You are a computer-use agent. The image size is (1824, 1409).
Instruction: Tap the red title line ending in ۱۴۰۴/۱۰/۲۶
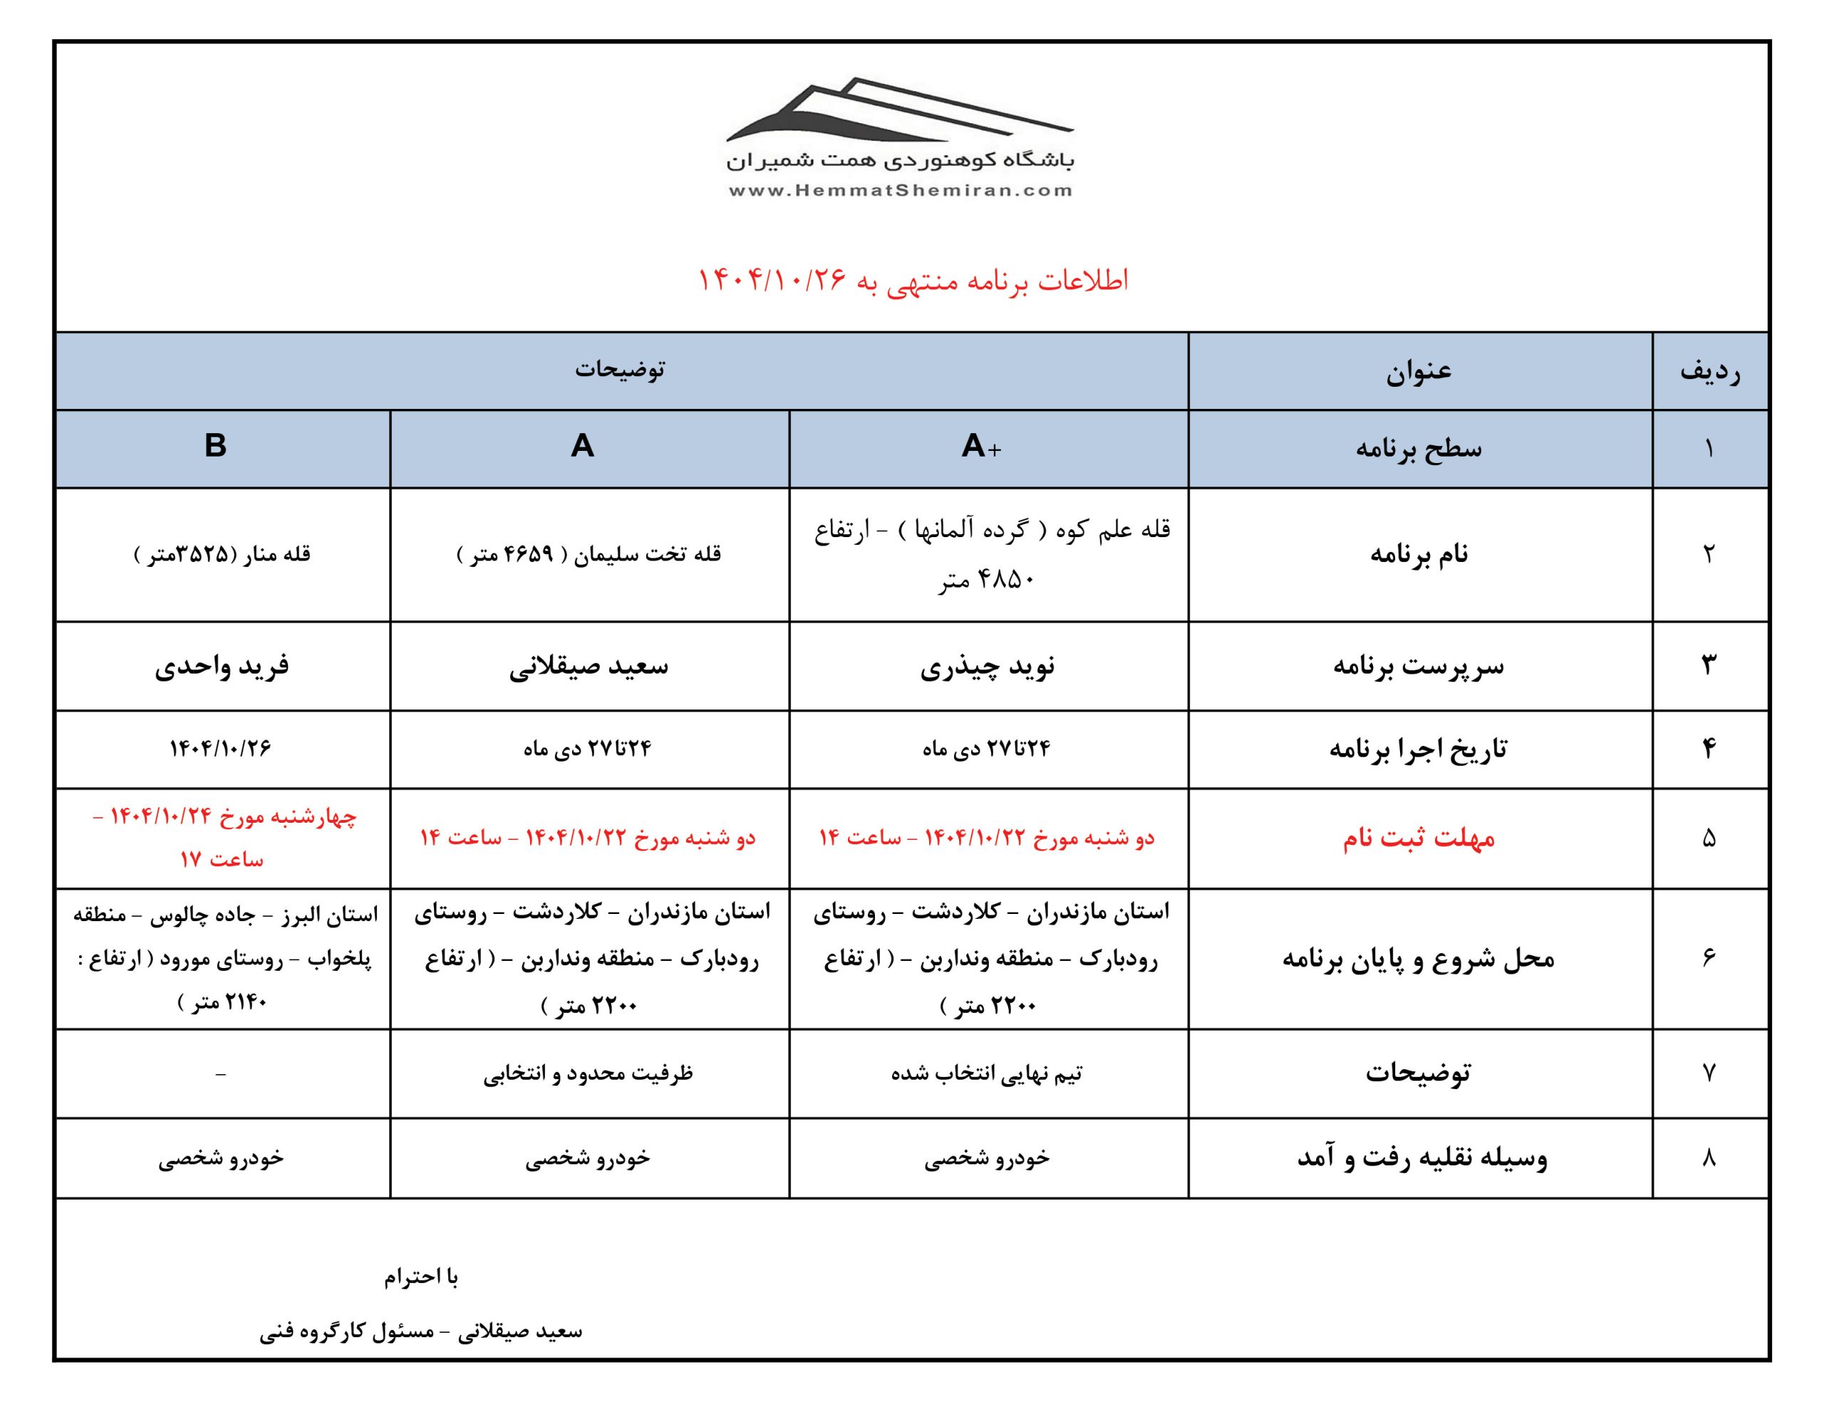(x=913, y=281)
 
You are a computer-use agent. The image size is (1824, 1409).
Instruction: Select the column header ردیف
(x=1709, y=371)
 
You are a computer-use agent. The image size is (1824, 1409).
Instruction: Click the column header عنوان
(x=1419, y=371)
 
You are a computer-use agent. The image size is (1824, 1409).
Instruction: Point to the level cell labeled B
(x=215, y=447)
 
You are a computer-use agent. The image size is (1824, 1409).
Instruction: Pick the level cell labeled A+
(x=981, y=447)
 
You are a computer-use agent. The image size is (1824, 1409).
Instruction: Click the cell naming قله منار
(x=222, y=555)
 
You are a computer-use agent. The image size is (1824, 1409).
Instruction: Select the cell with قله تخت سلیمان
(x=589, y=555)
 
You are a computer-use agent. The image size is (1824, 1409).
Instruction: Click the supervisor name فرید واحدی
(x=222, y=667)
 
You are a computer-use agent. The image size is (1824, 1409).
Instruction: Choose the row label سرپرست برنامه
(x=1419, y=667)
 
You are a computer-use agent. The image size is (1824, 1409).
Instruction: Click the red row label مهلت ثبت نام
(x=1419, y=838)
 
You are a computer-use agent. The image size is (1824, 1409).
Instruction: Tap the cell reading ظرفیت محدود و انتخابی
(x=588, y=1073)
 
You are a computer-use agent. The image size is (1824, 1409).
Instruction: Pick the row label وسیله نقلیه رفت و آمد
(x=1421, y=1158)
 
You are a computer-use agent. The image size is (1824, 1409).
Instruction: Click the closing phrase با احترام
(x=421, y=1277)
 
